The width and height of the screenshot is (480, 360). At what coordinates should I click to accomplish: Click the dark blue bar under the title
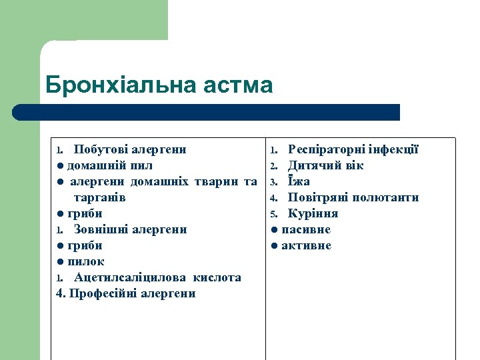click(x=207, y=112)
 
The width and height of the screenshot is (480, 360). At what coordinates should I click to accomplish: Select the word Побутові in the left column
click(x=101, y=149)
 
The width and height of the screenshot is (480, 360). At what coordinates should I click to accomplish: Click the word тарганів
click(x=99, y=197)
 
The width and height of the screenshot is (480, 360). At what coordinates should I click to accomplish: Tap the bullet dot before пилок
click(x=60, y=262)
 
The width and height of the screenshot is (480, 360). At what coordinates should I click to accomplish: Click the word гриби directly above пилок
click(x=85, y=246)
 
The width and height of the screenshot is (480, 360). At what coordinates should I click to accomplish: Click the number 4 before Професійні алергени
click(x=61, y=293)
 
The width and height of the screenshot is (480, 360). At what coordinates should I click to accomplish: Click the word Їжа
click(x=299, y=181)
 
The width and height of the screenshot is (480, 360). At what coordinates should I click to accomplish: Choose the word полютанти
click(x=387, y=197)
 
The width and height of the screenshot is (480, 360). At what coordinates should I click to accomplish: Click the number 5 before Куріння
click(x=273, y=214)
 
